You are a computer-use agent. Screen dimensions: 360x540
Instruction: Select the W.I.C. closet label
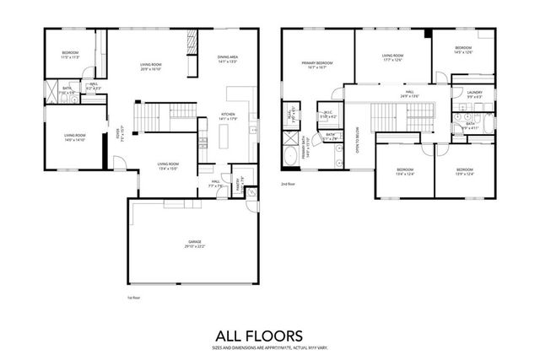click(x=327, y=113)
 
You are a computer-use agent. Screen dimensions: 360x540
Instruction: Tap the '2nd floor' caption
click(x=289, y=183)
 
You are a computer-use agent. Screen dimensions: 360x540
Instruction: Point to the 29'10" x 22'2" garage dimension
click(x=195, y=246)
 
